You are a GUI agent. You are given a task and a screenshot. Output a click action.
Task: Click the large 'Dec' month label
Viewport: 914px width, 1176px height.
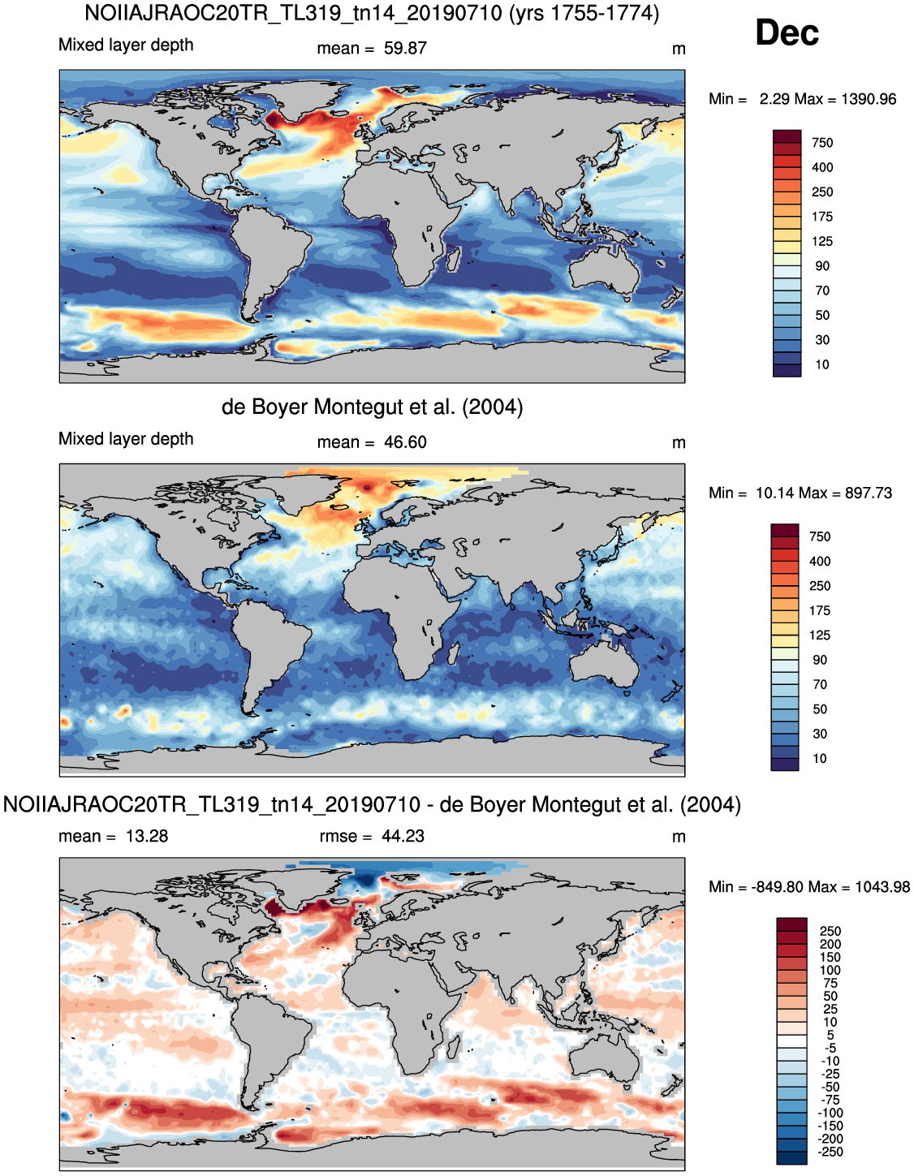coord(787,33)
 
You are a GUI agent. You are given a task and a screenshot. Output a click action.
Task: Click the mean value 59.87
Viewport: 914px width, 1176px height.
coord(405,48)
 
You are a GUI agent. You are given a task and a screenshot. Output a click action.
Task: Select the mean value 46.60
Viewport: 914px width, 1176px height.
coord(405,442)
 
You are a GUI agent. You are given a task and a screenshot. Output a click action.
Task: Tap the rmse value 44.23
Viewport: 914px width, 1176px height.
coord(403,836)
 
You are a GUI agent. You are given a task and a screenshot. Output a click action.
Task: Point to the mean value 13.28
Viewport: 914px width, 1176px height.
coord(147,836)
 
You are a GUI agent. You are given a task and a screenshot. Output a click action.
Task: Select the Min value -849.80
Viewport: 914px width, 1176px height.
coord(778,887)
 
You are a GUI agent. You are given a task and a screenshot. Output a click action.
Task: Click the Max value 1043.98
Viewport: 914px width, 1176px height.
coord(882,887)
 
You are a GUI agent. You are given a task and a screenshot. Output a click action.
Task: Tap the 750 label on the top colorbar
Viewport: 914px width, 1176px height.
coord(822,143)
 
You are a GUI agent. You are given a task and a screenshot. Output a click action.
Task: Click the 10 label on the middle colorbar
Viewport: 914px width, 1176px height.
coord(820,758)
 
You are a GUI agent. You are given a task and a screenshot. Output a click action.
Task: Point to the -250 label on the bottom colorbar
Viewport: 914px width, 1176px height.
coord(830,1152)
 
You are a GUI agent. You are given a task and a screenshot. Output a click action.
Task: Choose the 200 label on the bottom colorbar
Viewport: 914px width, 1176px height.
coord(830,945)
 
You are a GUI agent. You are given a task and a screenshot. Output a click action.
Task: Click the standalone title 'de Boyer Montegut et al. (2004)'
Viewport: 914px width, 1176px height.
coord(373,407)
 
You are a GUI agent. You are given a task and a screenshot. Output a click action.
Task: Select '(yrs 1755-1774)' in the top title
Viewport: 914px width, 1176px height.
coord(584,13)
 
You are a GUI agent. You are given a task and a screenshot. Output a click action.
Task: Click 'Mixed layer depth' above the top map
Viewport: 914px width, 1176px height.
coord(126,45)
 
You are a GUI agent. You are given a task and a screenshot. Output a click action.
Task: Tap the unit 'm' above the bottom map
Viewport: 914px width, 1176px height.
coord(679,837)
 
